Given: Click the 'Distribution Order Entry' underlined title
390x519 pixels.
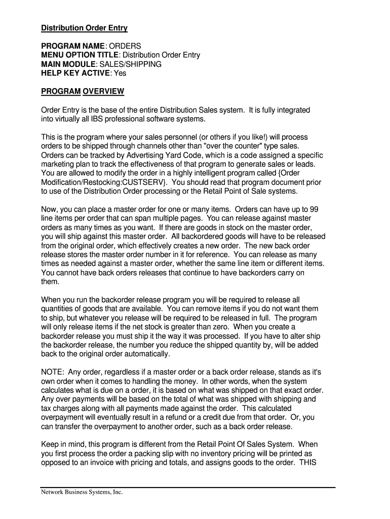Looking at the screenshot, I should [84, 28].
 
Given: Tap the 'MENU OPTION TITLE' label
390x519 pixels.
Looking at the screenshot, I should [80, 55].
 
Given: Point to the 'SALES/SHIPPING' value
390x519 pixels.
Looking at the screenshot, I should [130, 64].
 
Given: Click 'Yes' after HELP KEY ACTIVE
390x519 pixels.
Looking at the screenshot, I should [120, 73].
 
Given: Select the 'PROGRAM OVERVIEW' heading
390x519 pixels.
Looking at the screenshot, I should [83, 92].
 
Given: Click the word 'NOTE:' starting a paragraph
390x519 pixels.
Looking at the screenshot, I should [52, 372].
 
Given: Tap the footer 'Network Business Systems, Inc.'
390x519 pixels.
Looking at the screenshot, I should [82, 492].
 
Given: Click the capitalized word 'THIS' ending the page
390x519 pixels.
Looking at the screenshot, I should [308, 463].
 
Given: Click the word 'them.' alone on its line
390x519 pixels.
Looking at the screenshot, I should [51, 282].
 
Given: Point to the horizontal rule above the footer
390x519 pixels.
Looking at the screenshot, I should [188, 488].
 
